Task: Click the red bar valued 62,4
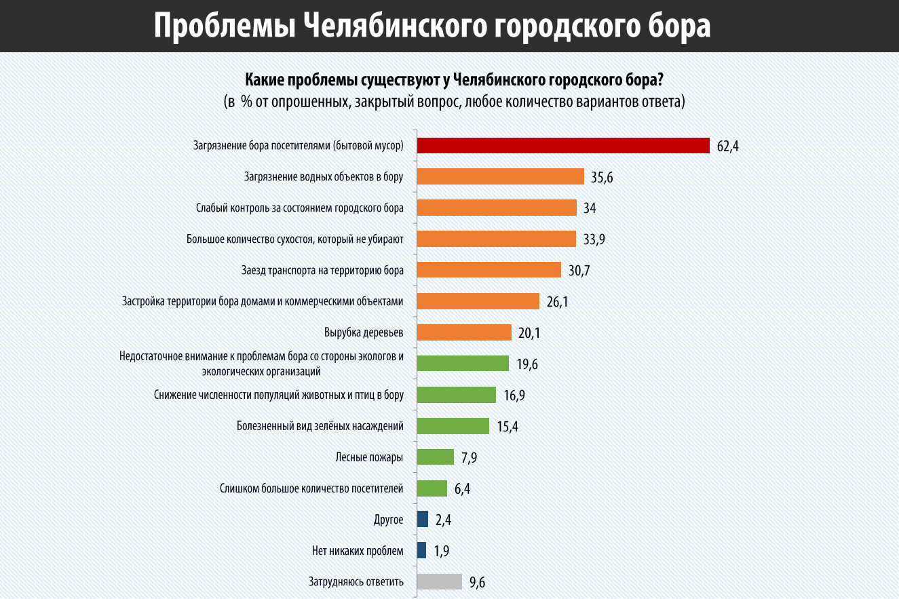[x=562, y=145]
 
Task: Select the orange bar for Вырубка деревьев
[x=463, y=332]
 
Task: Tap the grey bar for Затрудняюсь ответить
[x=439, y=582]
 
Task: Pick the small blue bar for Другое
[x=422, y=520]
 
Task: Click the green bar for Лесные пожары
[x=435, y=457]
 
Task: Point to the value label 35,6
[x=602, y=177]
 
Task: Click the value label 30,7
[x=579, y=271]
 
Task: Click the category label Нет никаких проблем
[x=358, y=551]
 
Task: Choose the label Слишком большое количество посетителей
[x=312, y=488]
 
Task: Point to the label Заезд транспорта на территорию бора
[x=322, y=270]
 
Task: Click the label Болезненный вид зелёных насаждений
[x=320, y=426]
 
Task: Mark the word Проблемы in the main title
[x=224, y=26]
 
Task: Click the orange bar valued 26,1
[x=478, y=301]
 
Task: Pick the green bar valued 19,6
[x=463, y=364]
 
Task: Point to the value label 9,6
[x=477, y=583]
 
